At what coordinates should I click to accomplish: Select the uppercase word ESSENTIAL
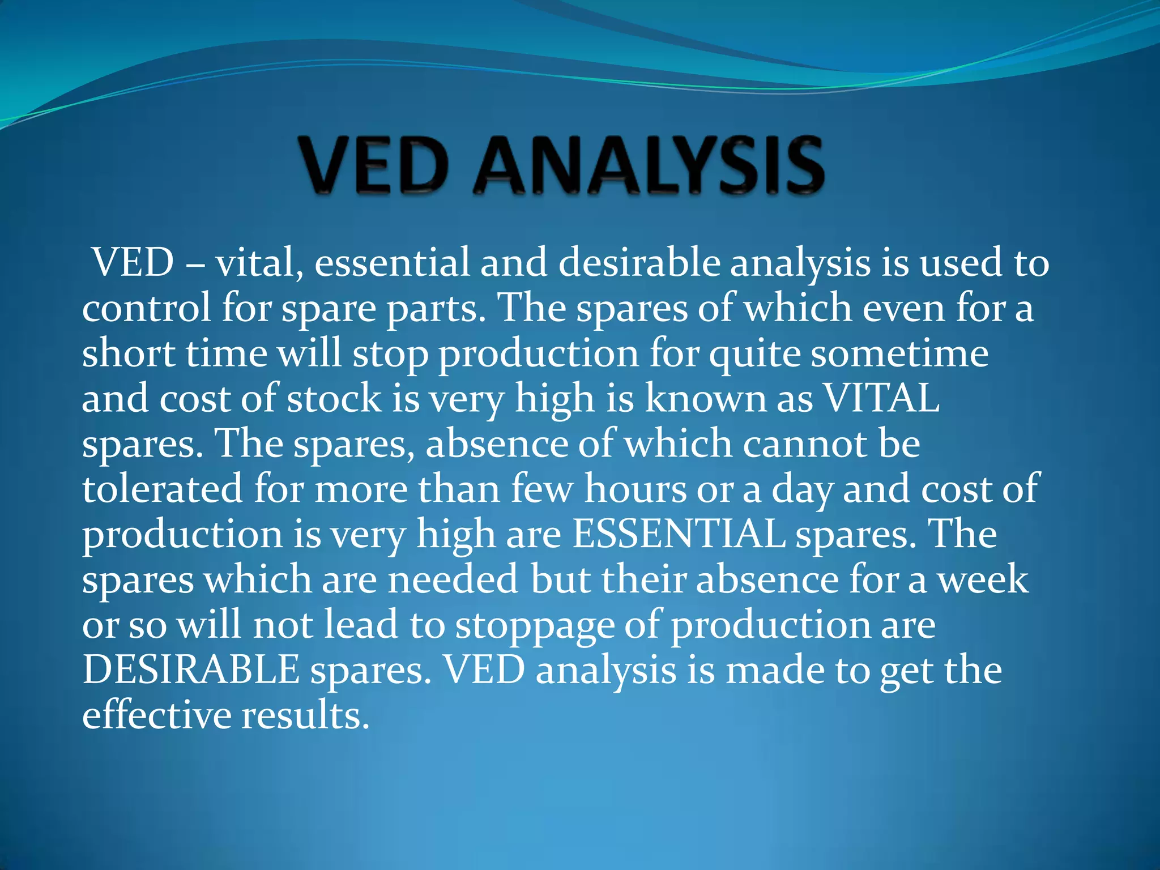(679, 534)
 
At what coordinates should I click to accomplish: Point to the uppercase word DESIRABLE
(191, 669)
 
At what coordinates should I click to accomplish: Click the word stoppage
(535, 626)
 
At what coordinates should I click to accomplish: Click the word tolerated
(163, 488)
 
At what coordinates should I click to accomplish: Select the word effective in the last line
(156, 715)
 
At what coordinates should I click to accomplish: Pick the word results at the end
(306, 715)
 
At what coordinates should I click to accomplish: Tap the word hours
(635, 488)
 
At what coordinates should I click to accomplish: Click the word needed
(453, 579)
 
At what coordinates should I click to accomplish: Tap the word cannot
(804, 443)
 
